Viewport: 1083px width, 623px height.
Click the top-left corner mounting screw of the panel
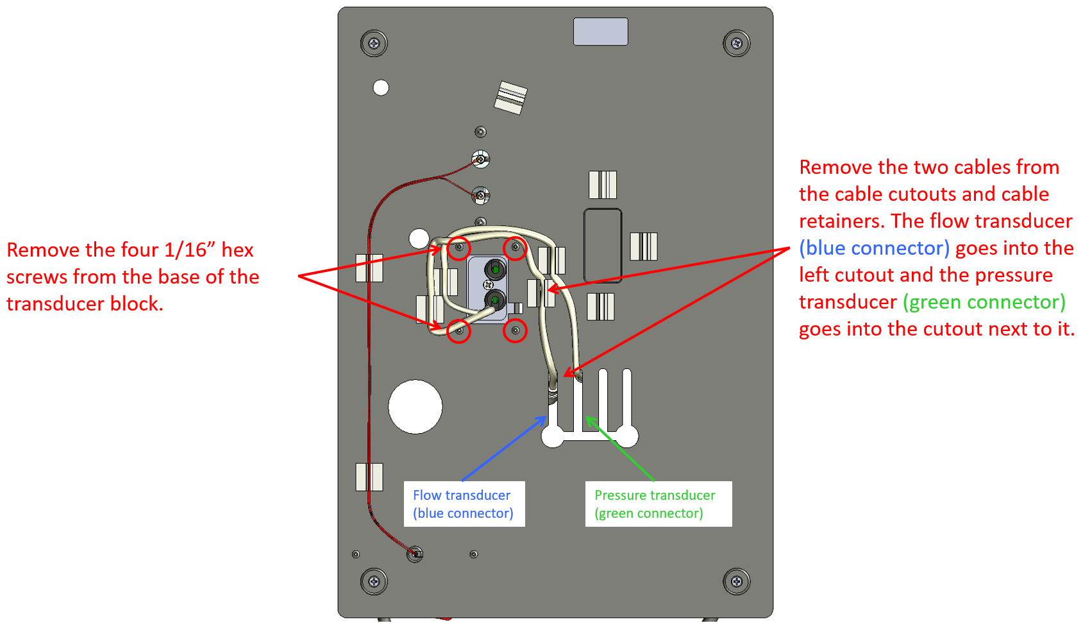374,44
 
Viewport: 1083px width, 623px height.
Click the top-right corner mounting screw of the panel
737,44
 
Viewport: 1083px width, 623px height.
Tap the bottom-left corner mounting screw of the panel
374,582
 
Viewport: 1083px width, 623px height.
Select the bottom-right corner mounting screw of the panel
737,582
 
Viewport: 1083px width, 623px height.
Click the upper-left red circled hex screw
459,248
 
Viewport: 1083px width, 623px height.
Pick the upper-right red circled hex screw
515,248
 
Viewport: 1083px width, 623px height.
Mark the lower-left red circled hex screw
459,331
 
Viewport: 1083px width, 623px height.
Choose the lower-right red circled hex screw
515,331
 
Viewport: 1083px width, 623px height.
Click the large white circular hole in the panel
416,407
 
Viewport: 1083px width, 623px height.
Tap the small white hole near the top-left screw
381,88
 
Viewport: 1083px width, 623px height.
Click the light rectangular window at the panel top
600,31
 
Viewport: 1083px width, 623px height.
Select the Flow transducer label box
464,504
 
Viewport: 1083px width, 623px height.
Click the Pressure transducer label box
659,504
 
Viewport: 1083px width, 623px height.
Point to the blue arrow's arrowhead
544,418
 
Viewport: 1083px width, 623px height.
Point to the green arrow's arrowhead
587,418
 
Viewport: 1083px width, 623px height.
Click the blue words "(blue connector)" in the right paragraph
874,248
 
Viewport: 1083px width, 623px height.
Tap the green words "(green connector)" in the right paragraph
984,302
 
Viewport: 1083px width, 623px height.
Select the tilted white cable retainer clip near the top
510,97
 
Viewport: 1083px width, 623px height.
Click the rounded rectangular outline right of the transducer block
603,245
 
